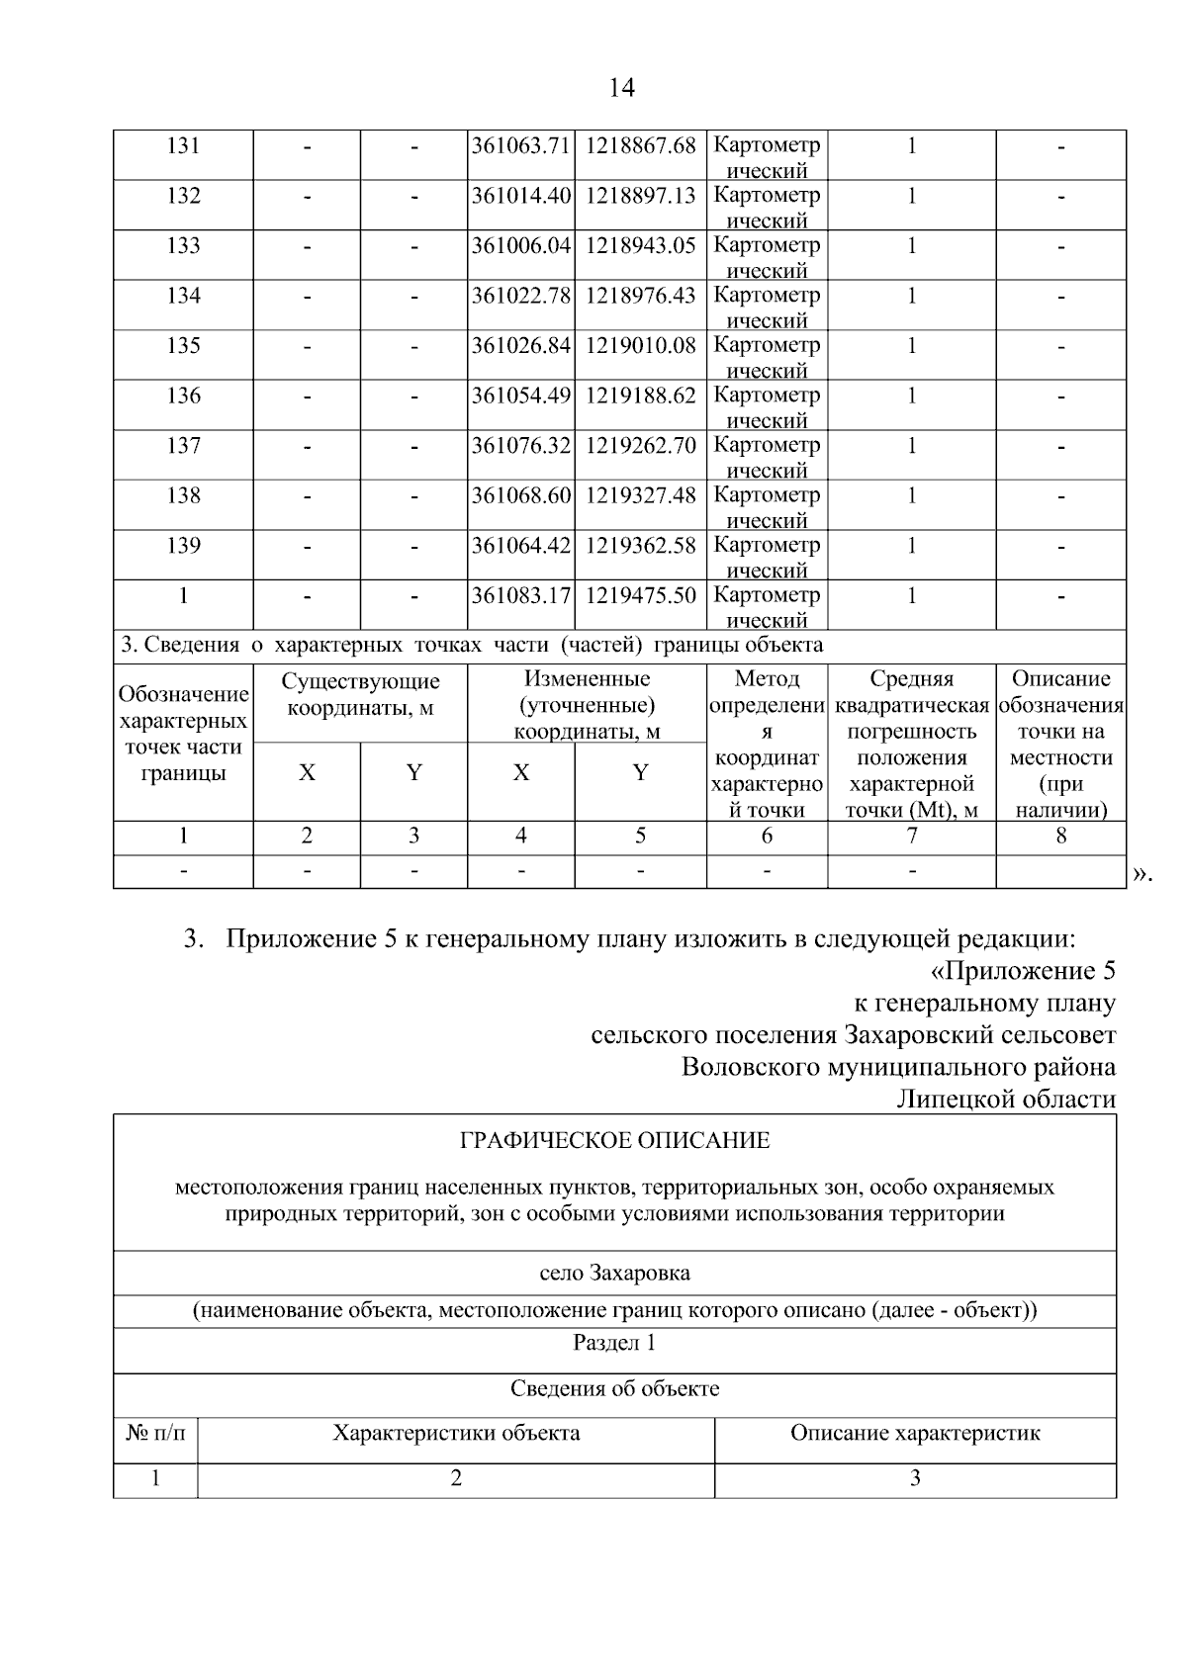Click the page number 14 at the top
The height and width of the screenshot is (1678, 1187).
point(620,88)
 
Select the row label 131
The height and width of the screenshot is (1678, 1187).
point(183,146)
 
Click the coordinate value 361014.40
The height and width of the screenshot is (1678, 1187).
point(520,196)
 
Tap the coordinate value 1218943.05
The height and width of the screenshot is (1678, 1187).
point(640,246)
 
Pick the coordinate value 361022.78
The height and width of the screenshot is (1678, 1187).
point(520,296)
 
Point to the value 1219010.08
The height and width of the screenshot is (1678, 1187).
point(640,346)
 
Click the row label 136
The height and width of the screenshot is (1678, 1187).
point(183,396)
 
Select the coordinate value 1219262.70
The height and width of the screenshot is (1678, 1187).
point(640,446)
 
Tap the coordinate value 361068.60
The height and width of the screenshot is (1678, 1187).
point(520,495)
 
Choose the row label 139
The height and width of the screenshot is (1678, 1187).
point(183,546)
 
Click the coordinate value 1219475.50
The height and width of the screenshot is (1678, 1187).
point(640,595)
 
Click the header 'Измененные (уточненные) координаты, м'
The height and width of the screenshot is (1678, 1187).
point(587,705)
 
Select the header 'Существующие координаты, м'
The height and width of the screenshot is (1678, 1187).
point(360,694)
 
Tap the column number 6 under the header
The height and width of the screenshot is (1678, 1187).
point(767,836)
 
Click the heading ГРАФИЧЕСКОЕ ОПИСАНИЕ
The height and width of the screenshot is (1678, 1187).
point(614,1141)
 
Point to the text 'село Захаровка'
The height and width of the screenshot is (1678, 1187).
point(614,1273)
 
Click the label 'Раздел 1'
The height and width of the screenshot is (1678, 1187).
point(614,1343)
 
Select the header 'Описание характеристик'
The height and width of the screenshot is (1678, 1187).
point(915,1433)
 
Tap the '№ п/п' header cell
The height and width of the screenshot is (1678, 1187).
point(155,1433)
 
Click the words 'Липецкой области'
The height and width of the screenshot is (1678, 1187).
point(1005,1099)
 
